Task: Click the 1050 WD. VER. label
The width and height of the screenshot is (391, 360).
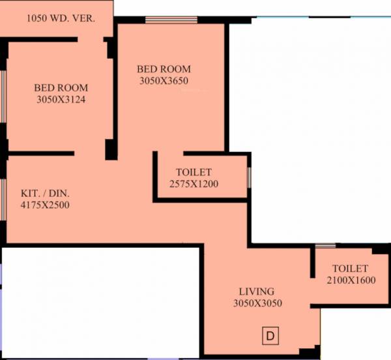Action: (x=61, y=18)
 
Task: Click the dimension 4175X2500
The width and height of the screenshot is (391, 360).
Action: (x=45, y=205)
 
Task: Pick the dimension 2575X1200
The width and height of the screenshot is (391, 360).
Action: (x=194, y=183)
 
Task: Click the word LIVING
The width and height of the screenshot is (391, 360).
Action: (x=256, y=292)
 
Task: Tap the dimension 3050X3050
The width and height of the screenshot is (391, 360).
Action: (x=256, y=303)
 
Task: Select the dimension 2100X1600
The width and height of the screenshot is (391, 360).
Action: (x=350, y=280)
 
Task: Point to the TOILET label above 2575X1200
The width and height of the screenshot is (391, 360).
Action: (x=194, y=172)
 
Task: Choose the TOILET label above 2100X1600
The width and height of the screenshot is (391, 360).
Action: (x=350, y=269)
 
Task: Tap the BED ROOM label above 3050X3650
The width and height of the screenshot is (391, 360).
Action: (x=164, y=68)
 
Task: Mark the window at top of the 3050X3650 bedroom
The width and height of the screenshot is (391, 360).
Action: (x=163, y=21)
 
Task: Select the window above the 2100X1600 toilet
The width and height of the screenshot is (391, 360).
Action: (x=325, y=247)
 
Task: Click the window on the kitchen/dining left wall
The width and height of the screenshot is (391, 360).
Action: (x=3, y=196)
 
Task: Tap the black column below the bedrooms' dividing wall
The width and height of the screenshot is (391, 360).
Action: (x=111, y=149)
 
